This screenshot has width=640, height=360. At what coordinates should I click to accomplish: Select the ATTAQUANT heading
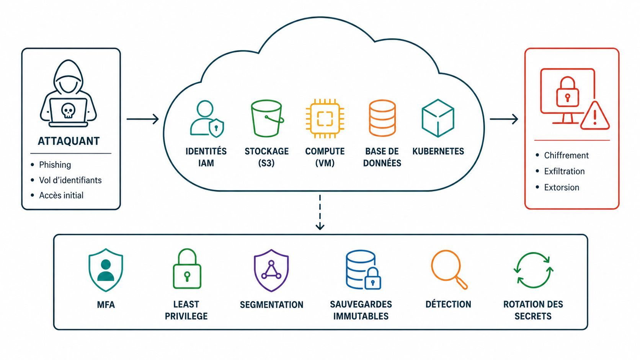(69, 141)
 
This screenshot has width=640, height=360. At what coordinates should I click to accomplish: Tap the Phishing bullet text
(55, 165)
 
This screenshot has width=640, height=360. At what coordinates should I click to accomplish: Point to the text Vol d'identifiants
(70, 180)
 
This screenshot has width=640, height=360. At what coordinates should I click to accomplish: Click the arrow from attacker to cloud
(142, 119)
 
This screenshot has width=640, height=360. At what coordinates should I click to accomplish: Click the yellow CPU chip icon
(325, 119)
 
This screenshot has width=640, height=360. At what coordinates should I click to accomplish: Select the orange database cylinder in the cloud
(382, 118)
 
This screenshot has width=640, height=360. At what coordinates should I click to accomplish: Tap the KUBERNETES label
(438, 151)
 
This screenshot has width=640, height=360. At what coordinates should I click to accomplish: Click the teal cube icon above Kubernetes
(438, 118)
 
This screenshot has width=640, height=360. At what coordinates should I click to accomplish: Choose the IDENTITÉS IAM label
(206, 157)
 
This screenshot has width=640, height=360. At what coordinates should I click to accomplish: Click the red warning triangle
(595, 116)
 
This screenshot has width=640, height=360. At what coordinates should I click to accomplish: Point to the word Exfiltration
(564, 171)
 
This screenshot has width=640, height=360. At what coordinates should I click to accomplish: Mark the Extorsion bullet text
(562, 187)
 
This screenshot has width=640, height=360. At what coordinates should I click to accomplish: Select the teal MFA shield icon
(106, 270)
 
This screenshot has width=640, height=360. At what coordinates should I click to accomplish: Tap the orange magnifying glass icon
(449, 269)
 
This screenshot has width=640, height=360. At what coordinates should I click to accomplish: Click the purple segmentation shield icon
(271, 270)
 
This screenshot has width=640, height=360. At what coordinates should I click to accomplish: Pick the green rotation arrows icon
(534, 270)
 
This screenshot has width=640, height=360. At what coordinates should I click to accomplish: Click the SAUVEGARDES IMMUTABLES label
(361, 310)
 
